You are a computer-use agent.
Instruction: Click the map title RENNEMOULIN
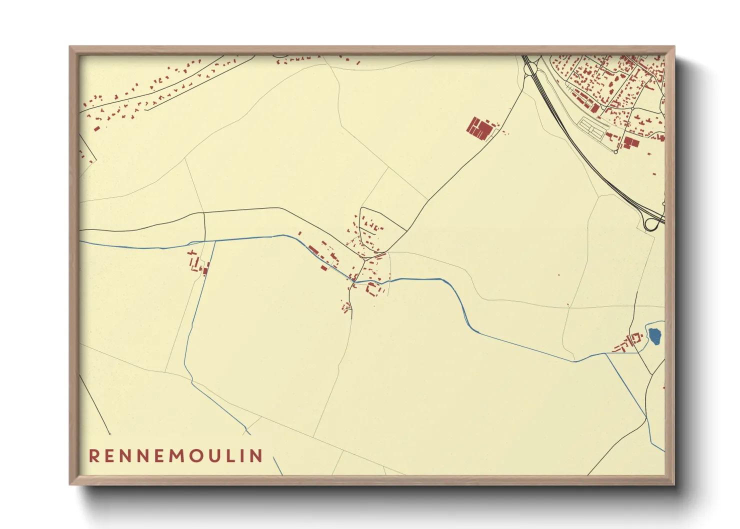(x=175, y=455)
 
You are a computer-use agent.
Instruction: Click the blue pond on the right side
(x=654, y=335)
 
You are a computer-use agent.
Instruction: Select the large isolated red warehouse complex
(x=480, y=128)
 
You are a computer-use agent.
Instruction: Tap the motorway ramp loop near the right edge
(x=651, y=223)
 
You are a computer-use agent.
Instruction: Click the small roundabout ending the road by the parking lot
(x=615, y=151)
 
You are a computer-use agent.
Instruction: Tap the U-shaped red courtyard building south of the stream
(x=371, y=288)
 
